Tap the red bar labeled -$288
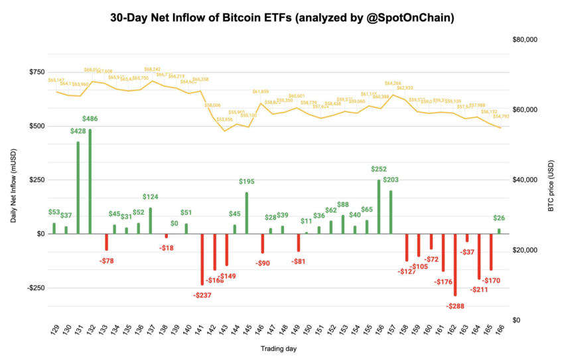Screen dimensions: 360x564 pyautogui.click(x=455, y=265)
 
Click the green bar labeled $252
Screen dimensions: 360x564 pyautogui.click(x=379, y=206)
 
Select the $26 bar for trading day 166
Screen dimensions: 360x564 pyautogui.click(x=499, y=231)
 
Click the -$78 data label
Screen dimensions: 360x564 pyautogui.click(x=106, y=261)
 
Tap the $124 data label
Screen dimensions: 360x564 pyautogui.click(x=151, y=197)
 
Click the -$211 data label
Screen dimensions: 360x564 pyautogui.click(x=478, y=290)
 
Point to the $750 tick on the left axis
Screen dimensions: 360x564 pyautogui.click(x=36, y=72)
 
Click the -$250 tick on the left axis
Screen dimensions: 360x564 pyautogui.click(x=35, y=288)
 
